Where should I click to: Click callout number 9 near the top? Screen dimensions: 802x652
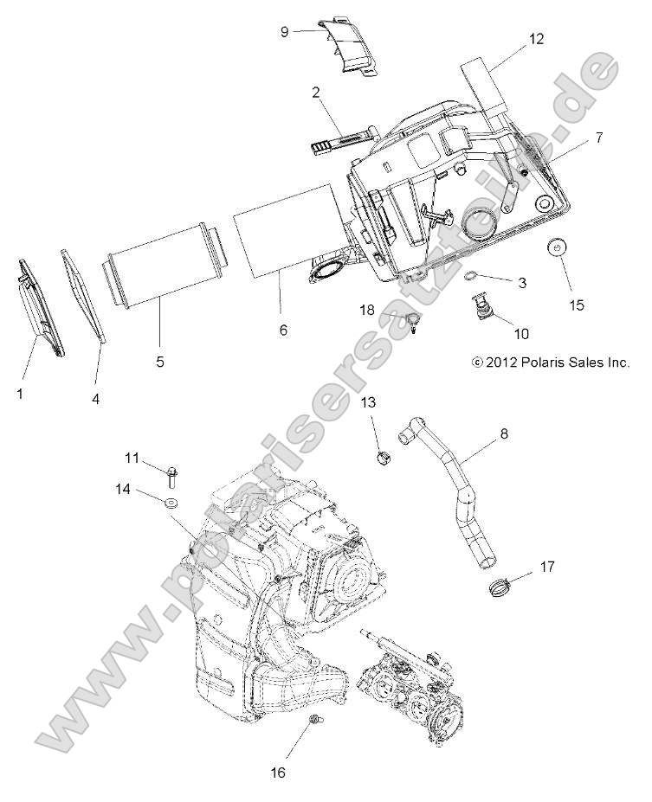pos(284,32)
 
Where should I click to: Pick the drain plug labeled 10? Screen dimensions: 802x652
pos(478,306)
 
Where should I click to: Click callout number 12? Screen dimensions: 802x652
pos(537,39)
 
